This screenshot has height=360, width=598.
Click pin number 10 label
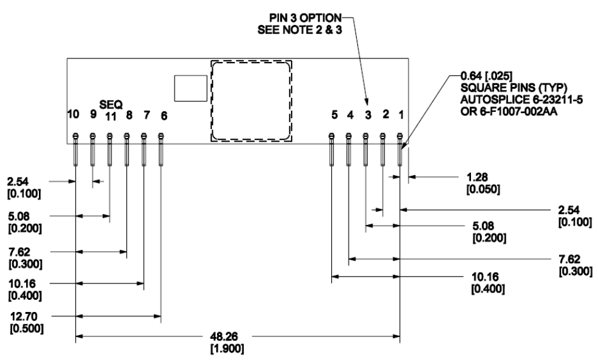(74, 114)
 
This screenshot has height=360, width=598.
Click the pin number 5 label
(334, 114)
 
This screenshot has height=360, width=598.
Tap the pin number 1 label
(401, 114)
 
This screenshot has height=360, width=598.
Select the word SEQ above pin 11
(110, 104)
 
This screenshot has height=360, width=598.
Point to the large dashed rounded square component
(250, 101)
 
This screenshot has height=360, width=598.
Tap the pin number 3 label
(367, 114)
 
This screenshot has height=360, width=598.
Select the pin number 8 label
(129, 114)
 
